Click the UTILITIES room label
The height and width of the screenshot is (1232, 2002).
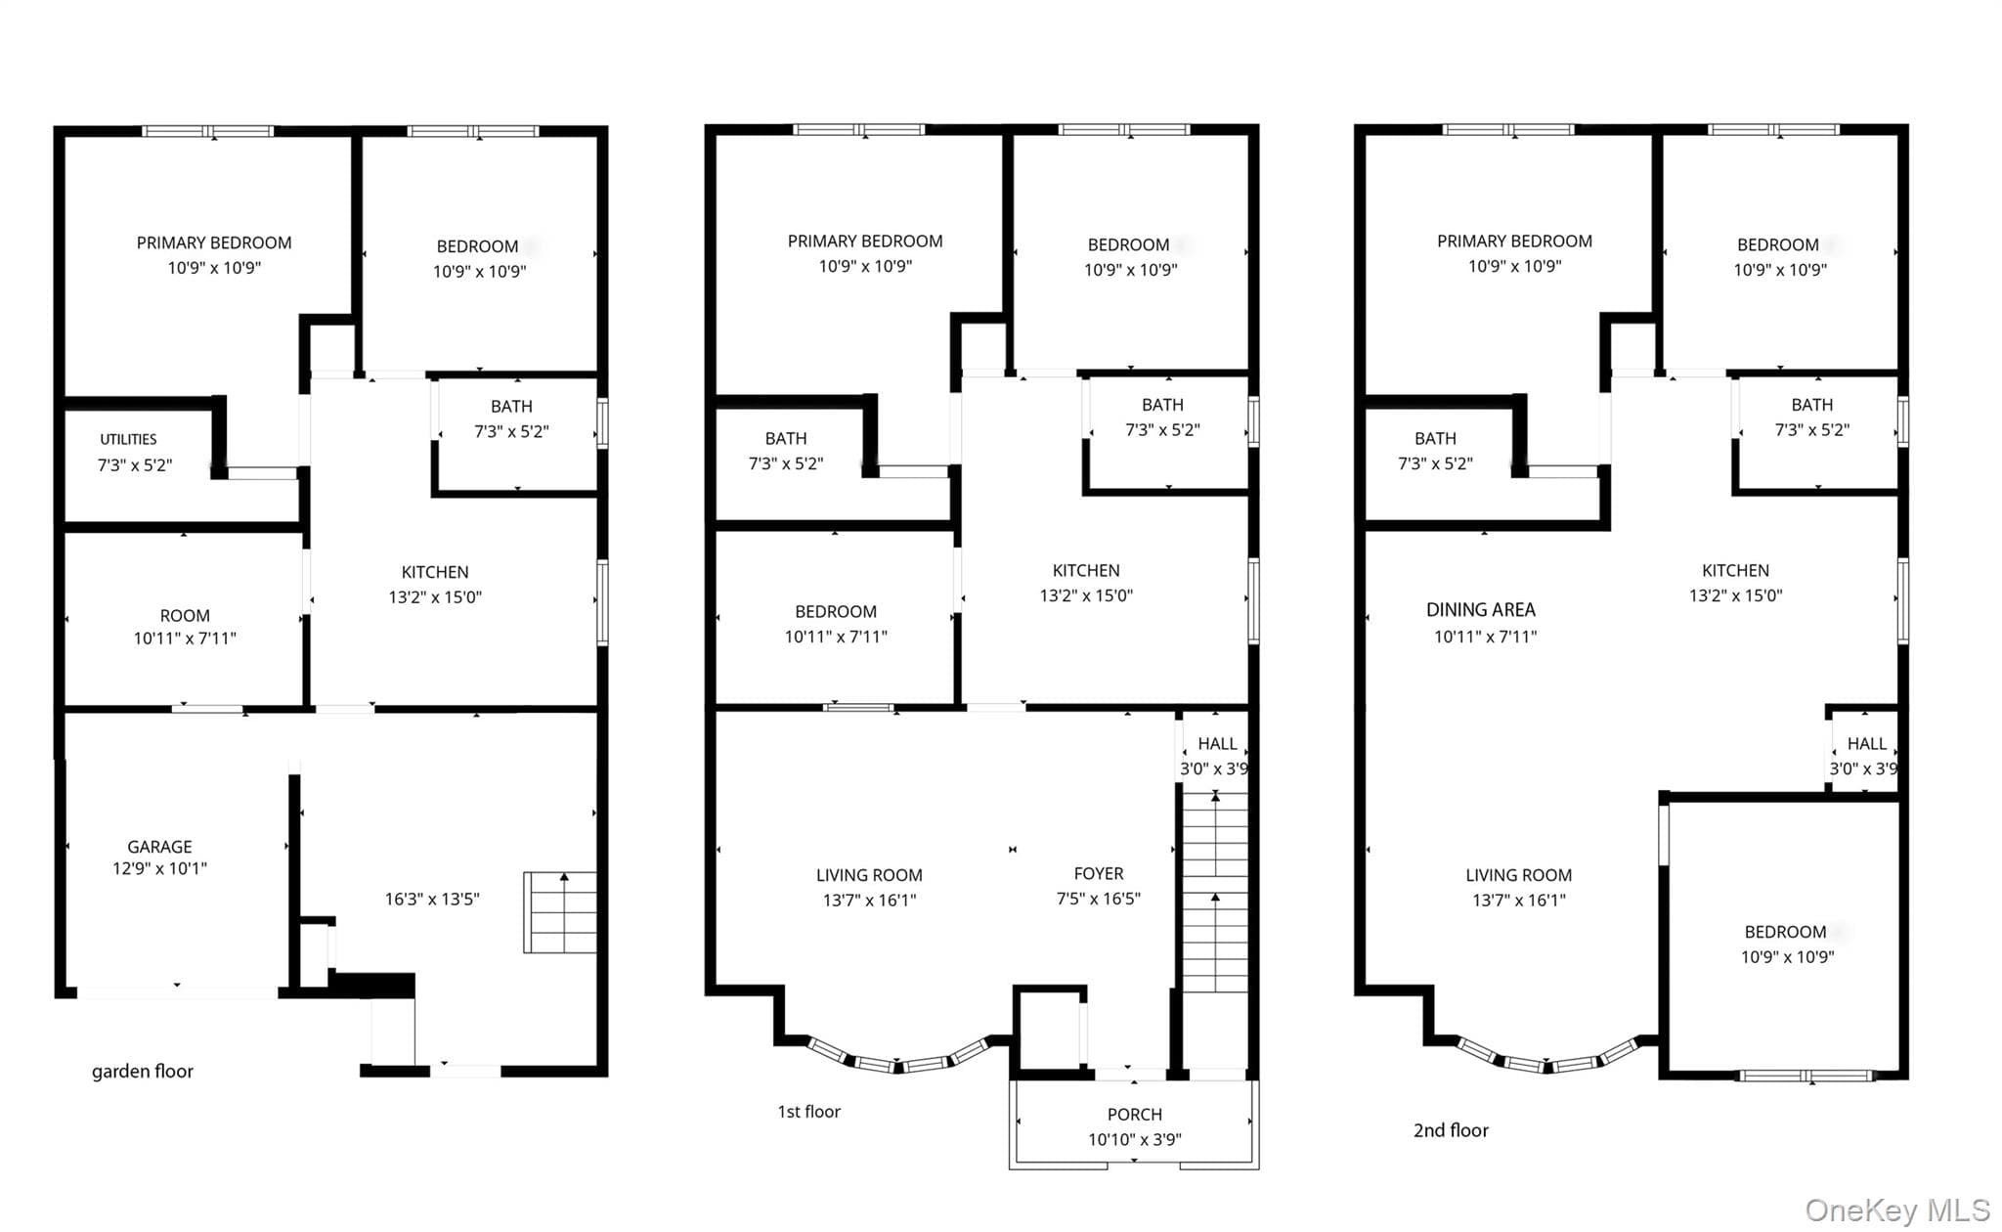pos(128,439)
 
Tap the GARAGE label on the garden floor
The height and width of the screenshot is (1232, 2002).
pos(159,847)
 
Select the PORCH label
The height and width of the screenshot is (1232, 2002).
pos(1134,1114)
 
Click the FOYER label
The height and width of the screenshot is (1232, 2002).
pos(1098,873)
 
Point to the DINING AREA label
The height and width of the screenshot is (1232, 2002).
pos(1480,610)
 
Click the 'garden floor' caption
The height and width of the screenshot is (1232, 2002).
pos(143,1072)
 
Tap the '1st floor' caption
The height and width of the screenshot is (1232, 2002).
pos(808,1112)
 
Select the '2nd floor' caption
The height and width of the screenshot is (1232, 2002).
pos(1451,1130)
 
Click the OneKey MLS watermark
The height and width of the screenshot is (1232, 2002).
pos(1897,1210)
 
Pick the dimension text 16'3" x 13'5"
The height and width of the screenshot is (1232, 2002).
pos(432,899)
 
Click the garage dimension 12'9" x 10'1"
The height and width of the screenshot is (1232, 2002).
pos(159,868)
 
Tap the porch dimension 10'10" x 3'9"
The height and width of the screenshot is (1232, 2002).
pos(1134,1139)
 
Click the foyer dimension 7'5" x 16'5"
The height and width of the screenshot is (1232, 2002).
pos(1098,899)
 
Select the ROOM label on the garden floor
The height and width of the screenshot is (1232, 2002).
pos(185,615)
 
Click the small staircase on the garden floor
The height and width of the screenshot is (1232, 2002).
pos(560,912)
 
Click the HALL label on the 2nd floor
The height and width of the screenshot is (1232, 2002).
pos(1866,744)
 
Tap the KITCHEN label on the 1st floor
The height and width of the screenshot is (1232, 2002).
pos(1086,570)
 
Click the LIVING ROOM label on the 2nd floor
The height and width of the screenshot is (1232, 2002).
pos(1518,875)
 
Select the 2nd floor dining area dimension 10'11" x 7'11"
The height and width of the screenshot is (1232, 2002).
pos(1485,637)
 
